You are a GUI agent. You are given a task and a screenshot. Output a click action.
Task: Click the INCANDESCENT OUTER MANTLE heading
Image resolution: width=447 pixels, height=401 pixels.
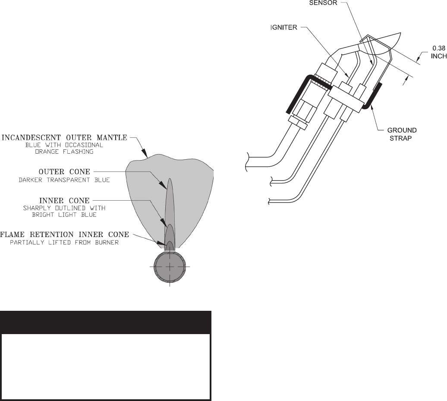pos(65,138)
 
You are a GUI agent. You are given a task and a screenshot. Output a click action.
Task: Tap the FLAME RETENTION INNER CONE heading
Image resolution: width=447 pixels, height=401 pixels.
pos(65,234)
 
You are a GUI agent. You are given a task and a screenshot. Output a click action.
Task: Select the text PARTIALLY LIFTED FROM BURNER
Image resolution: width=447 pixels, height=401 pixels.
pos(65,242)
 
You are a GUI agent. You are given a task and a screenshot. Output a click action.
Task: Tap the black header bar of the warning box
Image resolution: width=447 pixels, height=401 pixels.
pos(106,322)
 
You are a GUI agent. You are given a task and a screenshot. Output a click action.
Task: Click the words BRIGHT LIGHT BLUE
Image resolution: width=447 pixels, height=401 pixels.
pos(65,215)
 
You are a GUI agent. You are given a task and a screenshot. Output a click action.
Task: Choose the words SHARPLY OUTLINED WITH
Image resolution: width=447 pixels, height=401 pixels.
pos(65,208)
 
